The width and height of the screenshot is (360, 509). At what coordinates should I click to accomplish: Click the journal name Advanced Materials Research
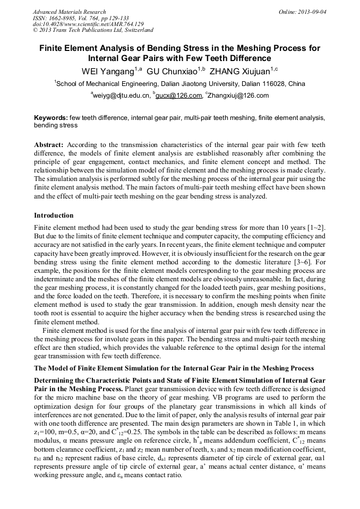click(x=69, y=12)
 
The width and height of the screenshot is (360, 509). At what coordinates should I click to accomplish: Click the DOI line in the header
click(x=88, y=24)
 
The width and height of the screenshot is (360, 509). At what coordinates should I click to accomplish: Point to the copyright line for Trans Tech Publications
click(x=93, y=30)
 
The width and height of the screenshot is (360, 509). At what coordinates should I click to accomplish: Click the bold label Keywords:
click(x=51, y=118)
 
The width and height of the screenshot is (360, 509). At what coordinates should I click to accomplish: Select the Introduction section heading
click(x=54, y=215)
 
